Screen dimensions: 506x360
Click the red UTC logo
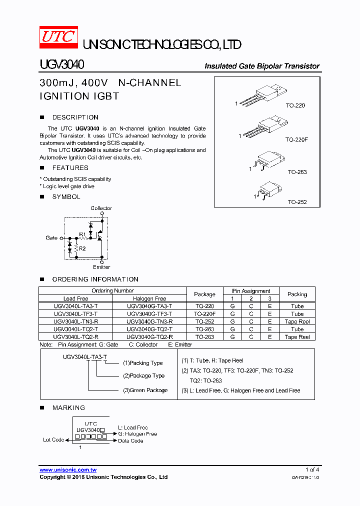tap(59, 38)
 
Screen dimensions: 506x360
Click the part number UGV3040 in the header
tap(62, 65)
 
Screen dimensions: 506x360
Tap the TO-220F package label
tap(296, 140)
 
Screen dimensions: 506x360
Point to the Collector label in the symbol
tap(101, 208)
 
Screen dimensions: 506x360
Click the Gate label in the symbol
tap(51, 238)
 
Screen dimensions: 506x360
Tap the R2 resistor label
tap(82, 248)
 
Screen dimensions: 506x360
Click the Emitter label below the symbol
tap(101, 267)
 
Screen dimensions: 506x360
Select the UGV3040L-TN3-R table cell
tap(75, 321)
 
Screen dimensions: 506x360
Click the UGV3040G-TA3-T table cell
tap(149, 306)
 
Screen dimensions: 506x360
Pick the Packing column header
tap(297, 294)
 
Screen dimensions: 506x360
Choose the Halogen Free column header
tap(149, 298)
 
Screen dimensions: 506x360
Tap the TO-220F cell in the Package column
tap(204, 314)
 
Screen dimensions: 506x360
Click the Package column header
tap(204, 294)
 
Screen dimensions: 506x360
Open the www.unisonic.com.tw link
tap(68, 470)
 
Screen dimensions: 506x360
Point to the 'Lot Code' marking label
tap(53, 440)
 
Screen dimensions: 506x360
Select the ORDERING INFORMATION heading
tap(95, 279)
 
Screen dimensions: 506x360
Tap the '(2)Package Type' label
tap(143, 375)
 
